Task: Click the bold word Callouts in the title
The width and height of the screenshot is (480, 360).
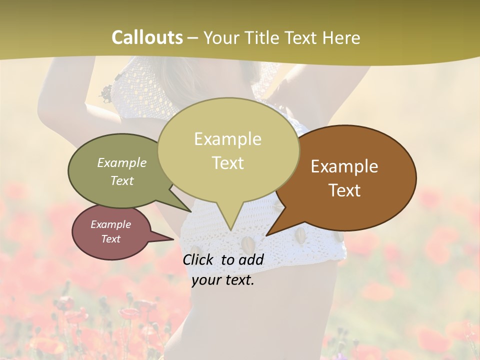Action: [147, 37]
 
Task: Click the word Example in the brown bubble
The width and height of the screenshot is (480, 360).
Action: [344, 166]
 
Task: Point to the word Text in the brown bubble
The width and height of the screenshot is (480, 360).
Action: [344, 190]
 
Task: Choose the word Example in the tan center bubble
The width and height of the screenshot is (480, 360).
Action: [228, 139]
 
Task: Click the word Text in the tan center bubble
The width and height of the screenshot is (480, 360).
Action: [228, 163]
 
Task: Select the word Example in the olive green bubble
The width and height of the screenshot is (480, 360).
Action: [122, 162]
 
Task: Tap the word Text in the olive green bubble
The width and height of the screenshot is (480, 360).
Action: [122, 180]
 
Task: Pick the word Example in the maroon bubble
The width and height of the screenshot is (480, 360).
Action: [111, 224]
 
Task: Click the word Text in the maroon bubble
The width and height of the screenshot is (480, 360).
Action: [111, 239]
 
